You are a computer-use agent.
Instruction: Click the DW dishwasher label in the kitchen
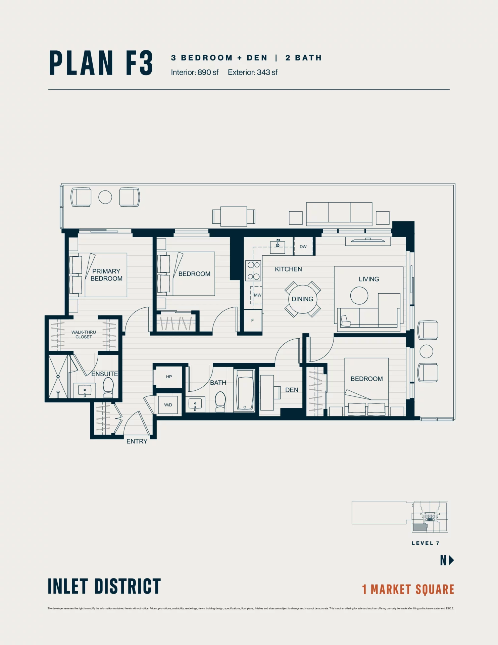[303, 247]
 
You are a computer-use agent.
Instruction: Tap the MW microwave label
[257, 295]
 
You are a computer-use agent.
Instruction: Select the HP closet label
[169, 377]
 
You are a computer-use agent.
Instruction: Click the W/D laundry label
[168, 405]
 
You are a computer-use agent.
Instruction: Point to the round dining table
[302, 299]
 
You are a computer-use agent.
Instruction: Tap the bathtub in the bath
[245, 390]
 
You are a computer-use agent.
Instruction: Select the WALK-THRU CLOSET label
[84, 335]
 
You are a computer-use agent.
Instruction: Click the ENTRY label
[137, 441]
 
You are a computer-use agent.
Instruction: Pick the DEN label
[292, 390]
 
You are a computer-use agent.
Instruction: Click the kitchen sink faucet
[278, 243]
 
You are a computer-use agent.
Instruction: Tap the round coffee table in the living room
[359, 296]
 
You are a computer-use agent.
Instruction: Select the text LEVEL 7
[426, 543]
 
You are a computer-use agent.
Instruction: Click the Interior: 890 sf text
[195, 73]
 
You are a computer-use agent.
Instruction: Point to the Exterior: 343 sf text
[253, 73]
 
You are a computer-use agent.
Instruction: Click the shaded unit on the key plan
[419, 527]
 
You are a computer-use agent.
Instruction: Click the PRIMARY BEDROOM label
[106, 275]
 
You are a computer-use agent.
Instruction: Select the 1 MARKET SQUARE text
[408, 590]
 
